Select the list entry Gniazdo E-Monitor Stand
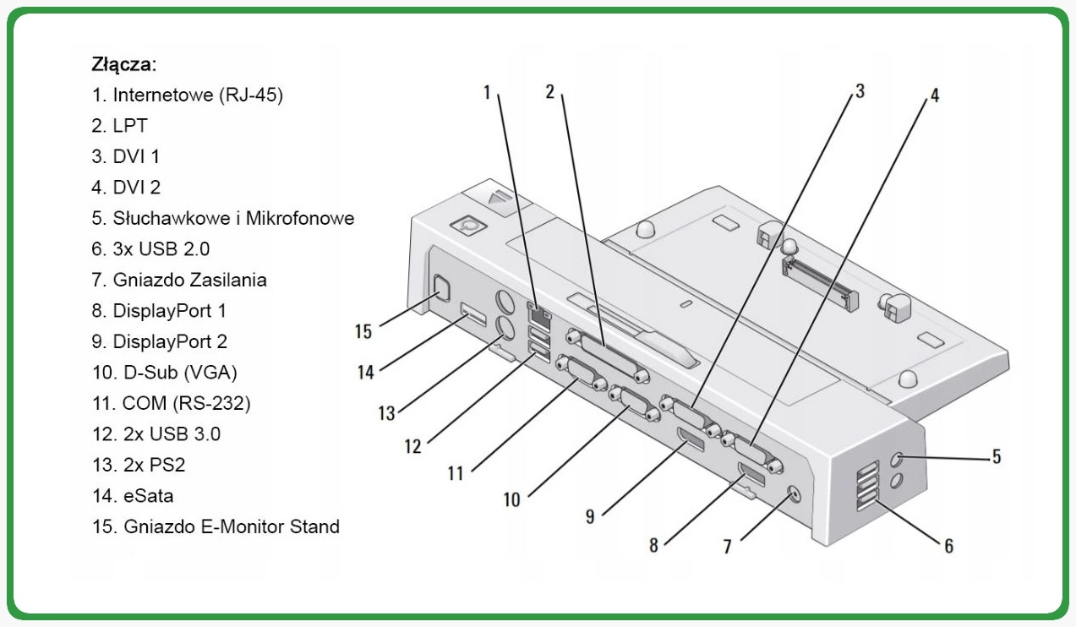(x=216, y=526)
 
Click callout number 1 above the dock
(x=487, y=91)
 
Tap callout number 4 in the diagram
(x=934, y=95)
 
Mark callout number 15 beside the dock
(x=363, y=330)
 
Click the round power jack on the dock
(x=794, y=494)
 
